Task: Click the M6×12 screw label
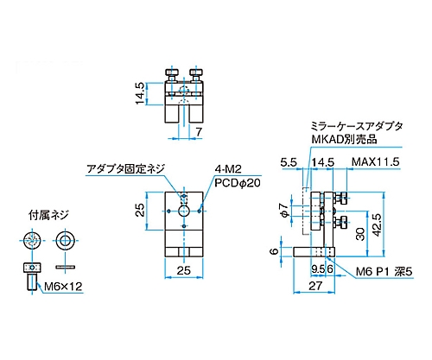point(63,287)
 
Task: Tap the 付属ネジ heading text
point(48,215)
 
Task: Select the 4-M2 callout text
point(228,169)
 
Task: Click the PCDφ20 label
point(238,183)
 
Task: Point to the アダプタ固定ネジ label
point(126,168)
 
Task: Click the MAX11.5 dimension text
point(376,162)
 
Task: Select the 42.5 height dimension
point(377,225)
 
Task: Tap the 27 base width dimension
point(315,286)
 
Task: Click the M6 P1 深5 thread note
point(384,271)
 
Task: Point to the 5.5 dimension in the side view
point(289,162)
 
